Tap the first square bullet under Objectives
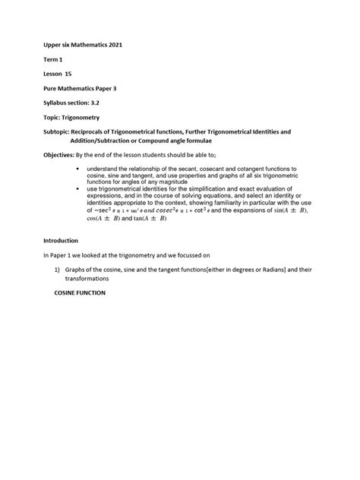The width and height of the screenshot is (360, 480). point(79,167)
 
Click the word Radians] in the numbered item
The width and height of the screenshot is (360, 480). point(260,270)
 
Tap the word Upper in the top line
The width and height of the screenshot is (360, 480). point(55,46)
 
